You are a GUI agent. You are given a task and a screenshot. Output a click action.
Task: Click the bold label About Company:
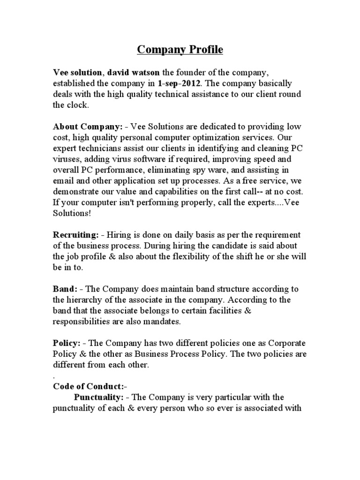pos(88,127)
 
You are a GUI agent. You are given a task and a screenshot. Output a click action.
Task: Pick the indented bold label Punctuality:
pos(99,397)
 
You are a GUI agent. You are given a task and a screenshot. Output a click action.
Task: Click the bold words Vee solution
pos(78,73)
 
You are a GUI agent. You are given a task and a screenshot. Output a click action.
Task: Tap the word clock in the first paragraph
pos(78,105)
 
